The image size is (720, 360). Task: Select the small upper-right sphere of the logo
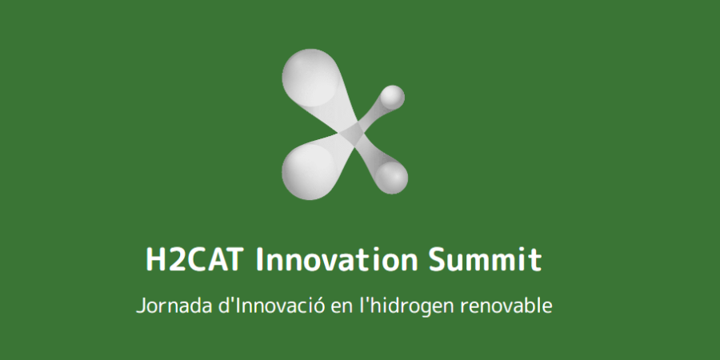[x=393, y=98]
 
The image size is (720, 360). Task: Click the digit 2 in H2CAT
[x=174, y=260]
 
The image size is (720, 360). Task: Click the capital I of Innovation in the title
[x=260, y=260]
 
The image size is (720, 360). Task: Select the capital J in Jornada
[x=141, y=306]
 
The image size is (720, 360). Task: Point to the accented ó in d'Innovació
[x=318, y=306]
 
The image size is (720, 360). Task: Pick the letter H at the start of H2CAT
[x=155, y=260]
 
